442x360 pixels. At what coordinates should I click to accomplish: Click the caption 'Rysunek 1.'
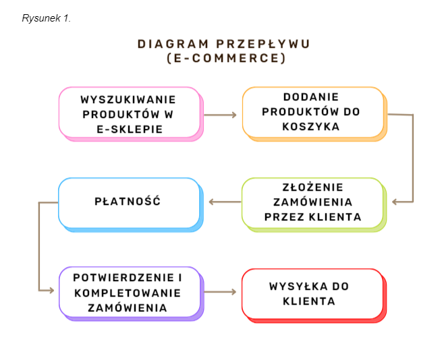coord(47,18)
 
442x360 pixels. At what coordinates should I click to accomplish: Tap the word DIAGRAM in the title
coord(173,44)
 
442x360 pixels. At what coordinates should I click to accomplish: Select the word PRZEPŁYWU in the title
coord(263,44)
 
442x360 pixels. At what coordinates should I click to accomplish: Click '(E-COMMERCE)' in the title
coord(226,58)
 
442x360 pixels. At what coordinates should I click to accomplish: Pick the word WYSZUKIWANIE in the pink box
coord(128,100)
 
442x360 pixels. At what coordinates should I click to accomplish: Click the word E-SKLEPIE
coord(130,129)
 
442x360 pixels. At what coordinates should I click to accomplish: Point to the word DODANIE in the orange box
coord(311,97)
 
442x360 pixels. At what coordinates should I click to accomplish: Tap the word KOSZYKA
coord(311,127)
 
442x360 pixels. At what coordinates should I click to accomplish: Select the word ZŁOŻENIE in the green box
coord(313,187)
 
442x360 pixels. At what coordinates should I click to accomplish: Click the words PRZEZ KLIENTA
coord(313,217)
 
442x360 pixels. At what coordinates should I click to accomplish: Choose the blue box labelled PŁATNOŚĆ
coord(131,205)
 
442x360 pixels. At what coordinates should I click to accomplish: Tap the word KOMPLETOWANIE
coord(128,293)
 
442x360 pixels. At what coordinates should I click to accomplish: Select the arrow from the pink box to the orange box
coord(221,115)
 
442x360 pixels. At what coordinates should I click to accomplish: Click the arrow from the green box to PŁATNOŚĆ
coord(225,202)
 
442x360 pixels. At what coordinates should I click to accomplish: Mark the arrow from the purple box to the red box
coord(221,292)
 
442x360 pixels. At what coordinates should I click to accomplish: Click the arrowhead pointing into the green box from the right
coord(394,202)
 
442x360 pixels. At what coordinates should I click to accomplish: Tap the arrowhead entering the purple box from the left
coord(51,290)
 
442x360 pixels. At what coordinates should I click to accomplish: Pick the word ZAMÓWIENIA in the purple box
coord(128,308)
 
